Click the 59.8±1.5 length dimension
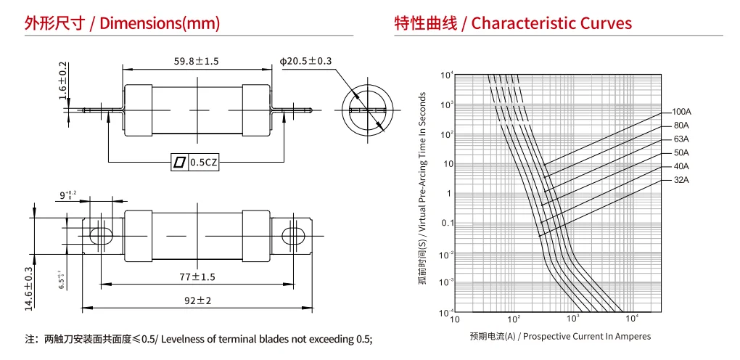point(197,62)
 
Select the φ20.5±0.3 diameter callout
point(306,62)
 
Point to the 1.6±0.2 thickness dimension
point(63,81)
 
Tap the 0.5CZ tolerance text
point(204,163)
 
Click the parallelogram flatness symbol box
point(180,163)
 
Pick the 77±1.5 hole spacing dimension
point(197,277)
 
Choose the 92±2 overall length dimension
point(197,300)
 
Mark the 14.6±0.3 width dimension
point(29,289)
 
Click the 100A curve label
point(681,112)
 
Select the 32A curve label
point(681,180)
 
